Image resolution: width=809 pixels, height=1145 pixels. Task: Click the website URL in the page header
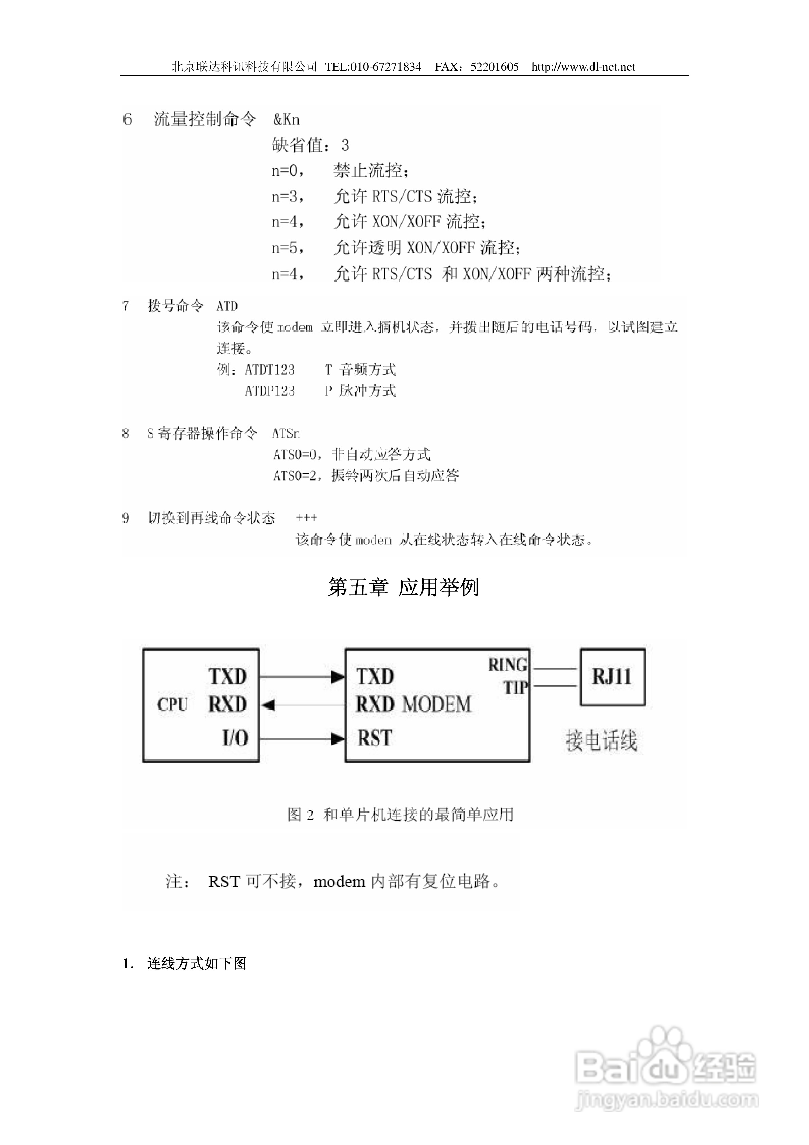click(583, 67)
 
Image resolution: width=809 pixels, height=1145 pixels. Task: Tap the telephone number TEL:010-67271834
click(373, 67)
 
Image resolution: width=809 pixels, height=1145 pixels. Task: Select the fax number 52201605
click(494, 67)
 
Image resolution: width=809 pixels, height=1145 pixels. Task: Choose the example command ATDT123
click(270, 370)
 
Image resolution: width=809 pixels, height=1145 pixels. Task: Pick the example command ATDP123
click(270, 391)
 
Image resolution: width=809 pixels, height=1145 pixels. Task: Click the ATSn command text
click(286, 433)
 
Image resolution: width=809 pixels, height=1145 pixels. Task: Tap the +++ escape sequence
click(306, 518)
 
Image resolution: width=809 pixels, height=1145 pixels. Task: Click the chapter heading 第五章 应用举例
click(403, 587)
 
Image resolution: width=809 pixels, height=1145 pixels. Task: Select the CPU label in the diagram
click(172, 705)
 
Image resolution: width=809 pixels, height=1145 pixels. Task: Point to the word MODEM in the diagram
click(437, 705)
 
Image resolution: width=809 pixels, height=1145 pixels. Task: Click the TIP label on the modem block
click(515, 688)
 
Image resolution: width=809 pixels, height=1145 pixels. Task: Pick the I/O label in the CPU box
click(235, 738)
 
